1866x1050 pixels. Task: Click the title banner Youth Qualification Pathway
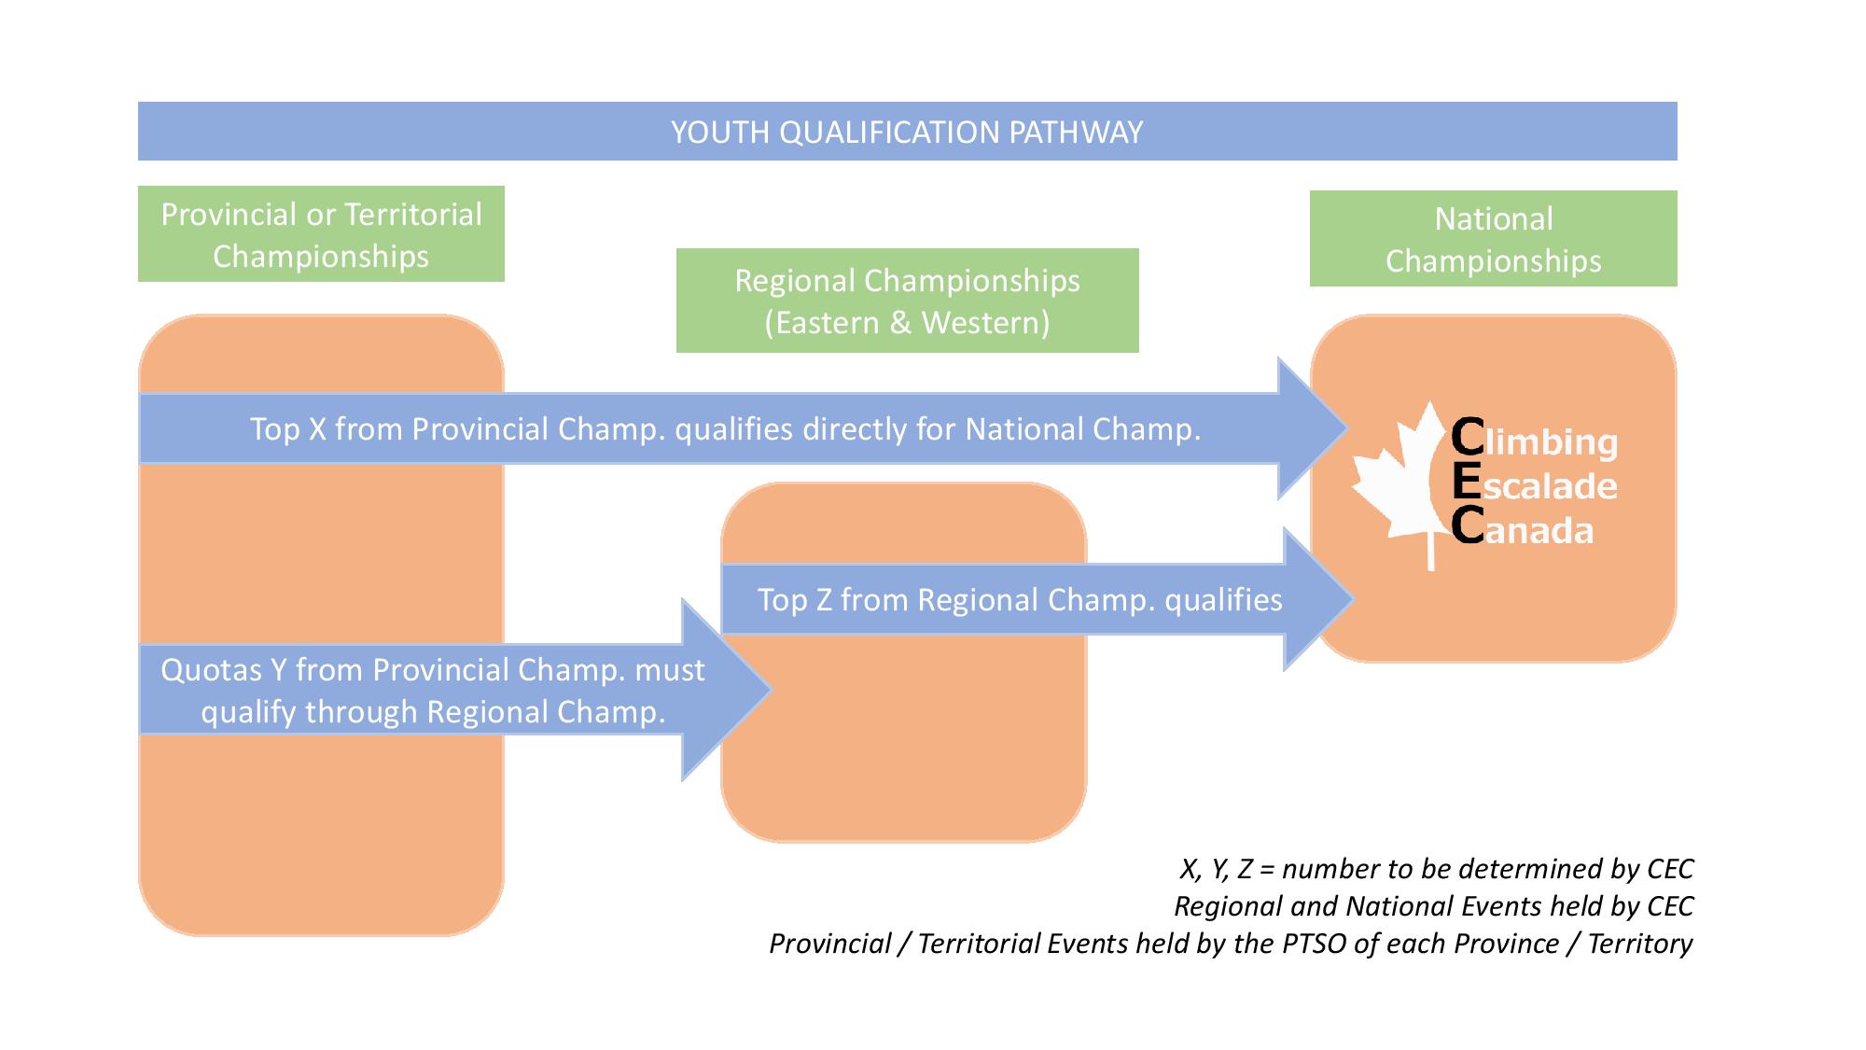(x=907, y=132)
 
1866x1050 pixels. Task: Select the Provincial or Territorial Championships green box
(x=321, y=234)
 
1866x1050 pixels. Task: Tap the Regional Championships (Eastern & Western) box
(x=907, y=301)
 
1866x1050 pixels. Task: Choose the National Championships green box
(x=1493, y=239)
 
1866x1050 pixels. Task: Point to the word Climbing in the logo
(x=1536, y=441)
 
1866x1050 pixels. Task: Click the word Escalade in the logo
(x=1536, y=485)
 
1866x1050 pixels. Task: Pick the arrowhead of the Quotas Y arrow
(x=724, y=690)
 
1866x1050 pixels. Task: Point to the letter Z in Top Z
(x=822, y=600)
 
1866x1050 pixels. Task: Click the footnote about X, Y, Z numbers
(x=1436, y=869)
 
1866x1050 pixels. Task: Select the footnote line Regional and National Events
(x=1433, y=906)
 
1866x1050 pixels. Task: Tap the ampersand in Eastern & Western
(x=899, y=323)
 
